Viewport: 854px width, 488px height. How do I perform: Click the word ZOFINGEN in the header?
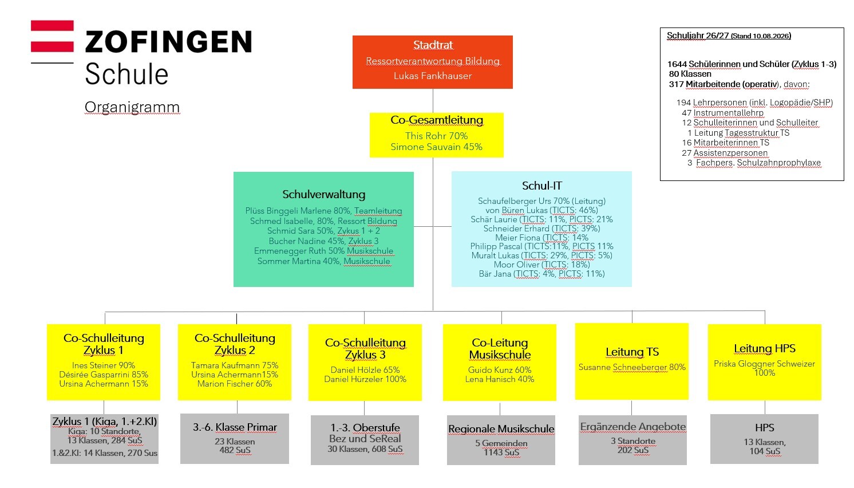(x=168, y=42)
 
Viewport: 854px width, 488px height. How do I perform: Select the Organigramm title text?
(x=132, y=107)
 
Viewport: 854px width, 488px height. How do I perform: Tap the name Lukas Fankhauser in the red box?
(x=433, y=76)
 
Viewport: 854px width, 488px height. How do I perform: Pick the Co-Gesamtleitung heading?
(x=437, y=120)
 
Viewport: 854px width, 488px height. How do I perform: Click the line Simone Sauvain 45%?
(x=437, y=147)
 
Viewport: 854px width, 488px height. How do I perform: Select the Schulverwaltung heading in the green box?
(x=323, y=194)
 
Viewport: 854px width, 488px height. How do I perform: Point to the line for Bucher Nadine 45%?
(x=323, y=241)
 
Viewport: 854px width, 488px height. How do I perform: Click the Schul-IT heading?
(x=541, y=186)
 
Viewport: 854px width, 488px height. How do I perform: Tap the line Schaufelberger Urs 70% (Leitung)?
(x=541, y=201)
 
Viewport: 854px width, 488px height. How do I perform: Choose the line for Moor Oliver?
(x=541, y=265)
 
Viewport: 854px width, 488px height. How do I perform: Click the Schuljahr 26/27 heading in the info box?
(x=729, y=36)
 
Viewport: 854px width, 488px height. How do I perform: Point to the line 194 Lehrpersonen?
(x=754, y=103)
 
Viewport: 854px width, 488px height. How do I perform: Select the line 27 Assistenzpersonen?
(x=725, y=153)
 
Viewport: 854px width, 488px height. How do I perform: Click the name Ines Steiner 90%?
(x=104, y=365)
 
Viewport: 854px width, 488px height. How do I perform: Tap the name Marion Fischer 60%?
(x=235, y=384)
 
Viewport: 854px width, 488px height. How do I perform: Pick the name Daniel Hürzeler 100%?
(x=365, y=379)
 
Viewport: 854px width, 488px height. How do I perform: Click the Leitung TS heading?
(x=632, y=352)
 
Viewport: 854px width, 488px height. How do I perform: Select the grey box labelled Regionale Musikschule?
(x=501, y=440)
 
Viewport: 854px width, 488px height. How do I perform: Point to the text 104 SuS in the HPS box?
(x=765, y=451)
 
